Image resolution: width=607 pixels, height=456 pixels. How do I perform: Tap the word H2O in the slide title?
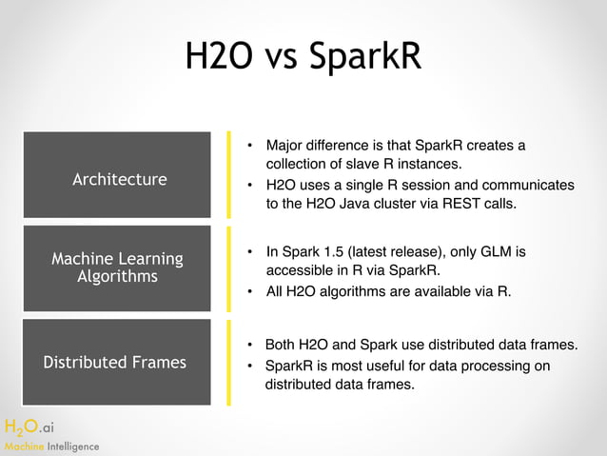218,56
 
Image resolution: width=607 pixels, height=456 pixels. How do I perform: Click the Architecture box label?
119,179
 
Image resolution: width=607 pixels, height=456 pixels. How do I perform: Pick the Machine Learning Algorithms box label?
117,268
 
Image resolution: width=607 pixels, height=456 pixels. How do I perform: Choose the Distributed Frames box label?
115,362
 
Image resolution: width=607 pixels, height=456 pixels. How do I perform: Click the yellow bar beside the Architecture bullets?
228,174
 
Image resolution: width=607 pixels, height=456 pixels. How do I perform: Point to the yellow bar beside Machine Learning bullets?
228,269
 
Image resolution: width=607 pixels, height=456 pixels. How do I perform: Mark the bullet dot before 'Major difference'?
248,146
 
